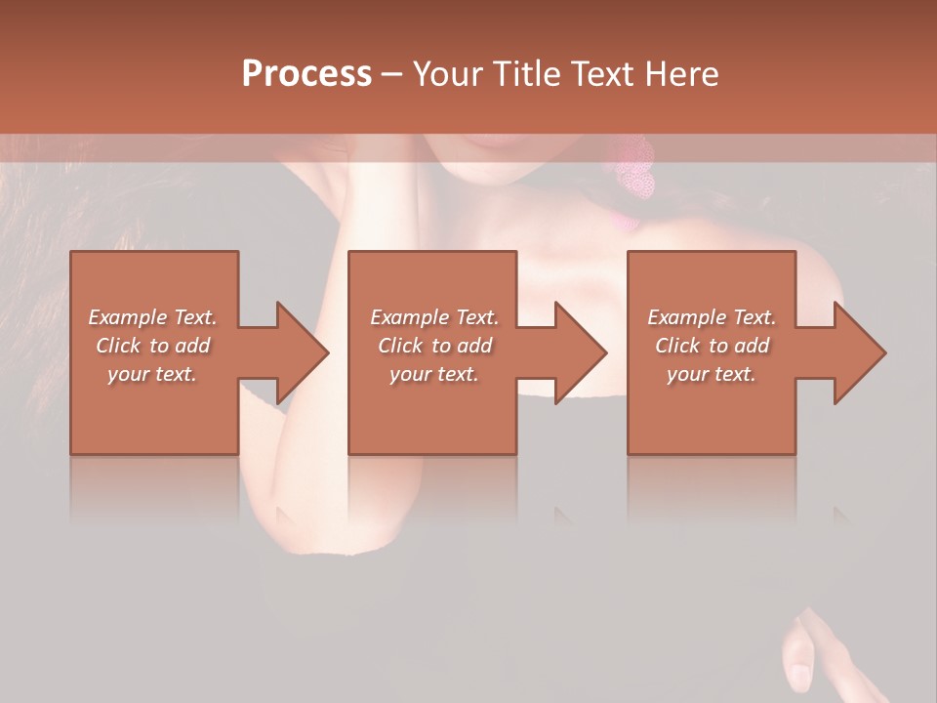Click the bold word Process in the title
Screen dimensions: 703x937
(x=306, y=74)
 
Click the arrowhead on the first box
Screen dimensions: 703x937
(x=297, y=352)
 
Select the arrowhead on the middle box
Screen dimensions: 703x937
(x=576, y=352)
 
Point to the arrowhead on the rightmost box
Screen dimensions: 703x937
(x=855, y=352)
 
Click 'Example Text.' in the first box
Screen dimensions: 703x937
(x=152, y=317)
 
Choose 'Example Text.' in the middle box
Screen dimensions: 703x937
(x=434, y=317)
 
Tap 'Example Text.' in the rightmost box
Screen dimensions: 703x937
(x=712, y=317)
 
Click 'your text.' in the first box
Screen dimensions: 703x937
(x=152, y=374)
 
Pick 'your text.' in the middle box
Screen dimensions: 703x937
(x=434, y=374)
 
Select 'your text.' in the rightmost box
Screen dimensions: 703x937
(x=712, y=374)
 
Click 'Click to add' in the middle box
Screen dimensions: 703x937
(x=434, y=346)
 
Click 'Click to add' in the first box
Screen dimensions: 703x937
(x=152, y=346)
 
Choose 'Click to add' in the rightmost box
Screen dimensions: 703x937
(x=712, y=346)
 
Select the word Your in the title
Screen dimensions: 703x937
(x=448, y=74)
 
